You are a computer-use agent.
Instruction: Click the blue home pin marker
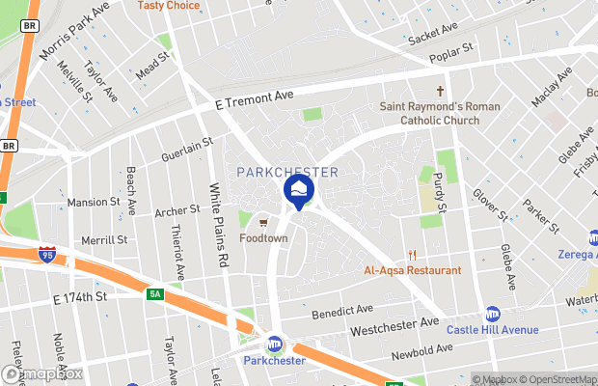pos(299,189)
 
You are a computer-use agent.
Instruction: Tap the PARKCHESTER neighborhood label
pos(287,173)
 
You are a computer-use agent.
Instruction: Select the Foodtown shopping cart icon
pos(263,222)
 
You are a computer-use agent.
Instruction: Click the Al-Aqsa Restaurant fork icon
pos(412,256)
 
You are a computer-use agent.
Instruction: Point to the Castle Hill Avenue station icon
pos(493,314)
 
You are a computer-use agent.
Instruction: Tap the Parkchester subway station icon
pos(275,345)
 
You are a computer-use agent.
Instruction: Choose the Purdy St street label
pos(439,192)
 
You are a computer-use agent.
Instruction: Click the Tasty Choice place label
pos(169,6)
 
